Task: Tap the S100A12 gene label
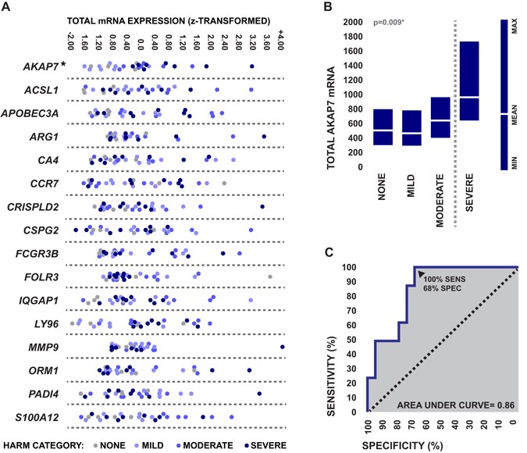pos(39,418)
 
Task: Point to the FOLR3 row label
pos(43,277)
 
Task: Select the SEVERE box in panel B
pos(469,81)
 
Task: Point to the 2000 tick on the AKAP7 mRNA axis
pos(353,23)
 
